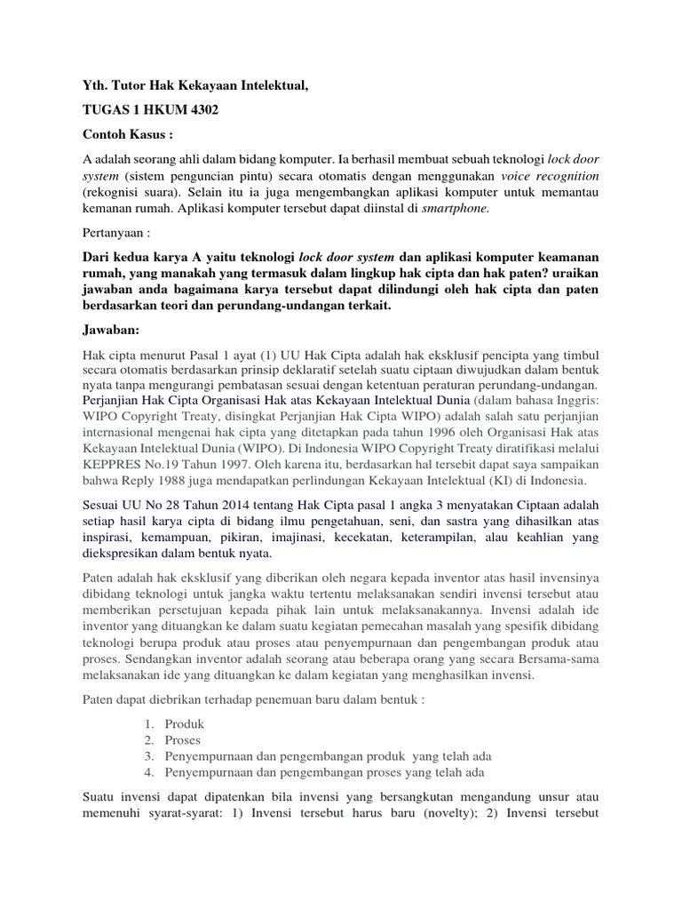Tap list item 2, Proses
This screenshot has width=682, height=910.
point(183,740)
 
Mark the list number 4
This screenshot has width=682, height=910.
point(149,772)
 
